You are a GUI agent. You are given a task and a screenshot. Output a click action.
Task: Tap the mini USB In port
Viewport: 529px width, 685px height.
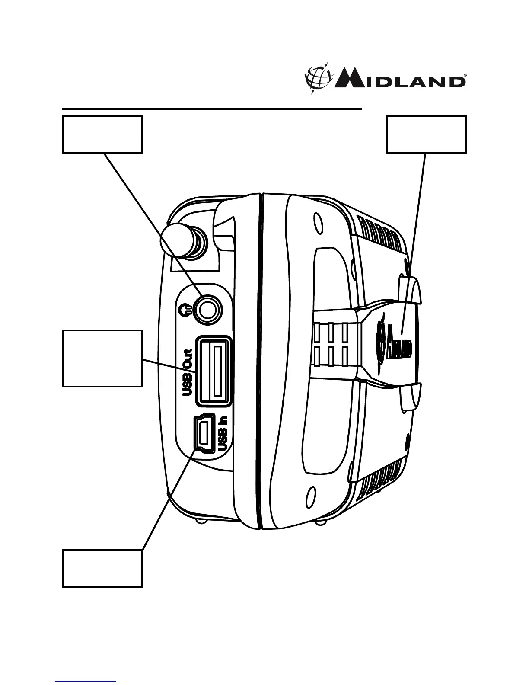(x=205, y=434)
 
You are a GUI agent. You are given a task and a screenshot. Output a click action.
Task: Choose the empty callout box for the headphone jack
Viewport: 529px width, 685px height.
(x=102, y=134)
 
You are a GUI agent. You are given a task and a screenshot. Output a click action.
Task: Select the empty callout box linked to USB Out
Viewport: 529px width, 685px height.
(x=102, y=358)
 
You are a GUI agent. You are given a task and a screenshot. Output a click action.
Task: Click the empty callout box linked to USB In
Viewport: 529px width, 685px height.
(x=102, y=568)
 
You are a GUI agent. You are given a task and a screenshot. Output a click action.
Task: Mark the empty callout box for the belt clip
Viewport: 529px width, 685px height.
(x=426, y=134)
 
